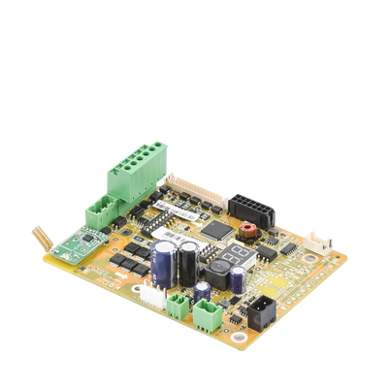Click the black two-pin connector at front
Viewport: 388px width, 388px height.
click(x=261, y=309)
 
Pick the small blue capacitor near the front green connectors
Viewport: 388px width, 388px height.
click(x=202, y=291)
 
